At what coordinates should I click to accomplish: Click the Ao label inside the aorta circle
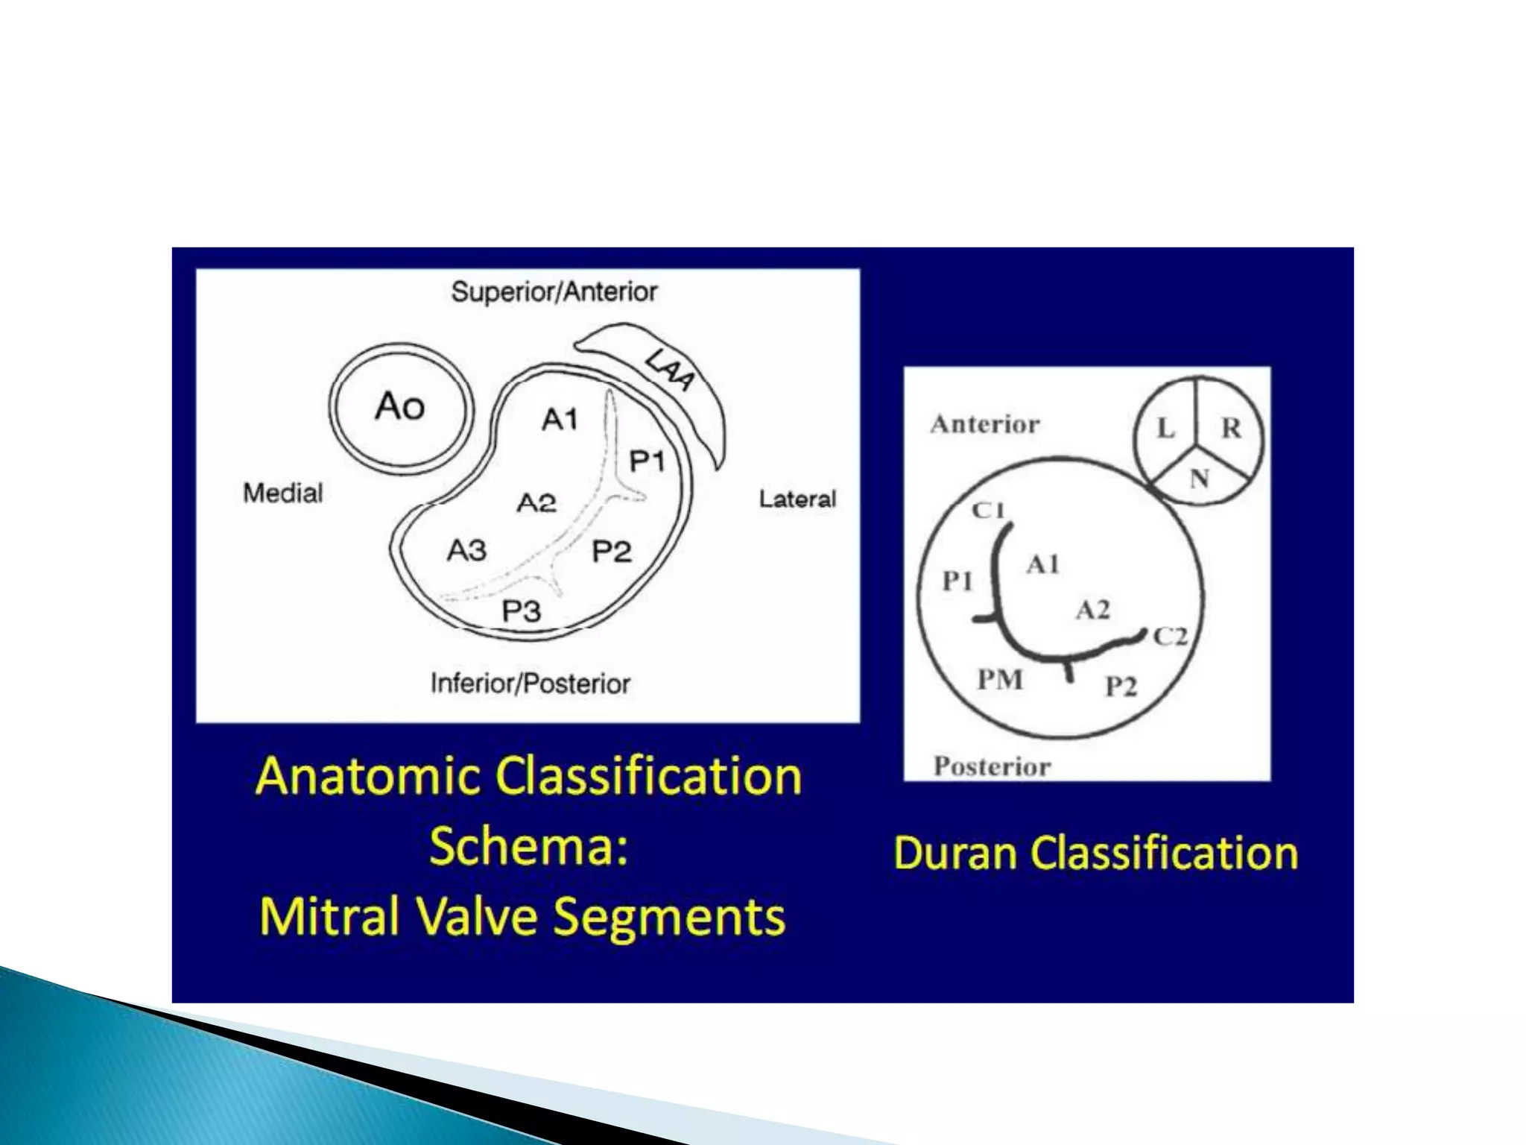[x=400, y=407]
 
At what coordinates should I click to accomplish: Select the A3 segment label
[x=466, y=551]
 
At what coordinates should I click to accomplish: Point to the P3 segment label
[x=522, y=611]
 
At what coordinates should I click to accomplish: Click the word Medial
[x=283, y=493]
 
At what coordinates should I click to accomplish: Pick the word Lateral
[x=797, y=499]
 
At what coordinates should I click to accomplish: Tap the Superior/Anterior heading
[x=554, y=291]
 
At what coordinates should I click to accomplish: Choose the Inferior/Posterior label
[x=531, y=684]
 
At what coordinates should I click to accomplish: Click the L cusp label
[x=1165, y=429]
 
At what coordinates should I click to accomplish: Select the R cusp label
[x=1231, y=428]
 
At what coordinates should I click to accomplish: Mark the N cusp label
[x=1199, y=479]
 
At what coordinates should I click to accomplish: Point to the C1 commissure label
[x=988, y=511]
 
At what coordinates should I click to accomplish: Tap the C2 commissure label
[x=1171, y=637]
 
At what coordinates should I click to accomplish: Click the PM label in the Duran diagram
[x=1000, y=680]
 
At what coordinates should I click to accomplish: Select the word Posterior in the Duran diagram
[x=992, y=766]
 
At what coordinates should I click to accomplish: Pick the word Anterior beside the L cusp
[x=984, y=424]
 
